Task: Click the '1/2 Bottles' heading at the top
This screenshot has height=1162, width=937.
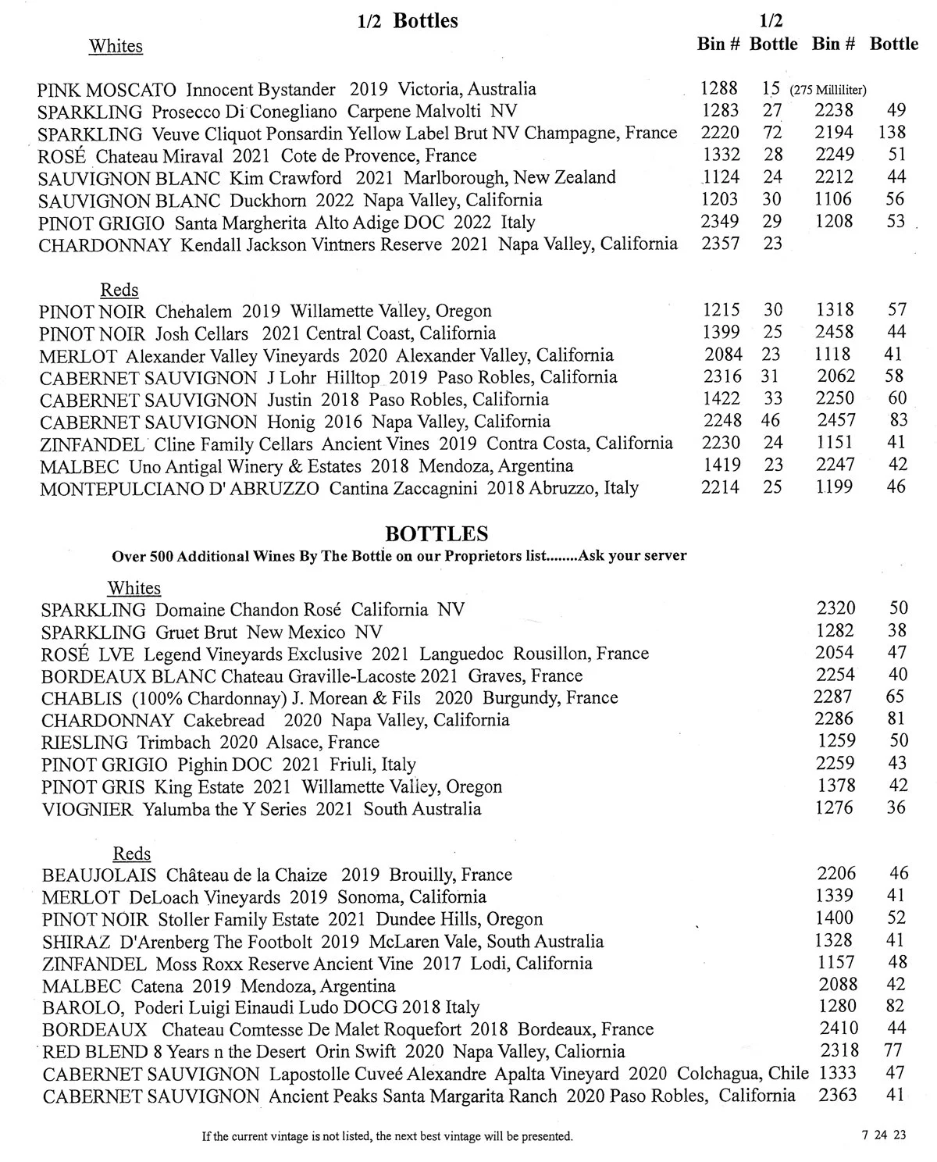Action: click(408, 20)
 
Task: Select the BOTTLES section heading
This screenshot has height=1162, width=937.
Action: click(437, 534)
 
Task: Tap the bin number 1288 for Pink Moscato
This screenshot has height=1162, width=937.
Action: click(720, 89)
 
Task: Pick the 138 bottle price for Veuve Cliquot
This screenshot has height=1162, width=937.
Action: click(891, 133)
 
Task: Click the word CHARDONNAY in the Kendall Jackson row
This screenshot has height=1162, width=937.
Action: click(105, 244)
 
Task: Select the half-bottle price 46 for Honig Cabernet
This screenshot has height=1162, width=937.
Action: click(772, 421)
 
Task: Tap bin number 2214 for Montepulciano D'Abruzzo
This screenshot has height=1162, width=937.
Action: click(720, 488)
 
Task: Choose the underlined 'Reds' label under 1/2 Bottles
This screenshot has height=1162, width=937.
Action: click(119, 290)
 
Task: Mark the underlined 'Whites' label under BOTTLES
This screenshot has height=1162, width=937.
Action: click(134, 588)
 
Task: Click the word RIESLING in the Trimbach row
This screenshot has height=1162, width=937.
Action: click(84, 742)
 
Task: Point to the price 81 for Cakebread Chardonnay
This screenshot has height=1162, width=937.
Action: click(896, 718)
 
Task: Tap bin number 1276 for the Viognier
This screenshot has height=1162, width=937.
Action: click(835, 807)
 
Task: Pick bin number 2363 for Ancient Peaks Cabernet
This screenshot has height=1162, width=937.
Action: click(837, 1095)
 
